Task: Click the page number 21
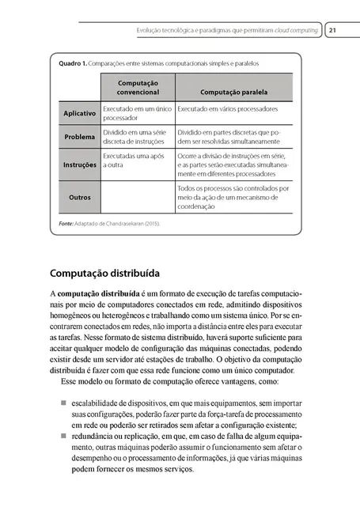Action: pos(333,31)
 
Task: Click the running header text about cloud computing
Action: pos(228,31)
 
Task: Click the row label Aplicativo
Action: pos(80,113)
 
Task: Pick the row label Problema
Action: pos(80,137)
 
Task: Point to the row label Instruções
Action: pos(80,165)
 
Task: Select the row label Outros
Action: pos(80,197)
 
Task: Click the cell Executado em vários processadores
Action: pos(228,108)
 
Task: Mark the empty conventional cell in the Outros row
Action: pos(138,197)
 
